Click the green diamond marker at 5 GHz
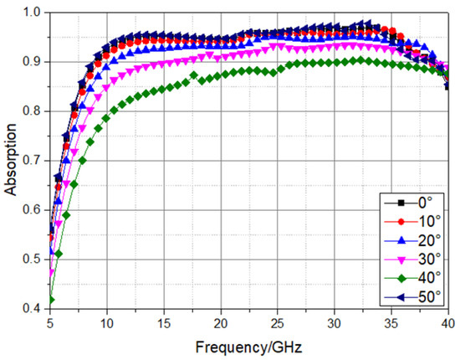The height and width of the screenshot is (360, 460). [x=51, y=300]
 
